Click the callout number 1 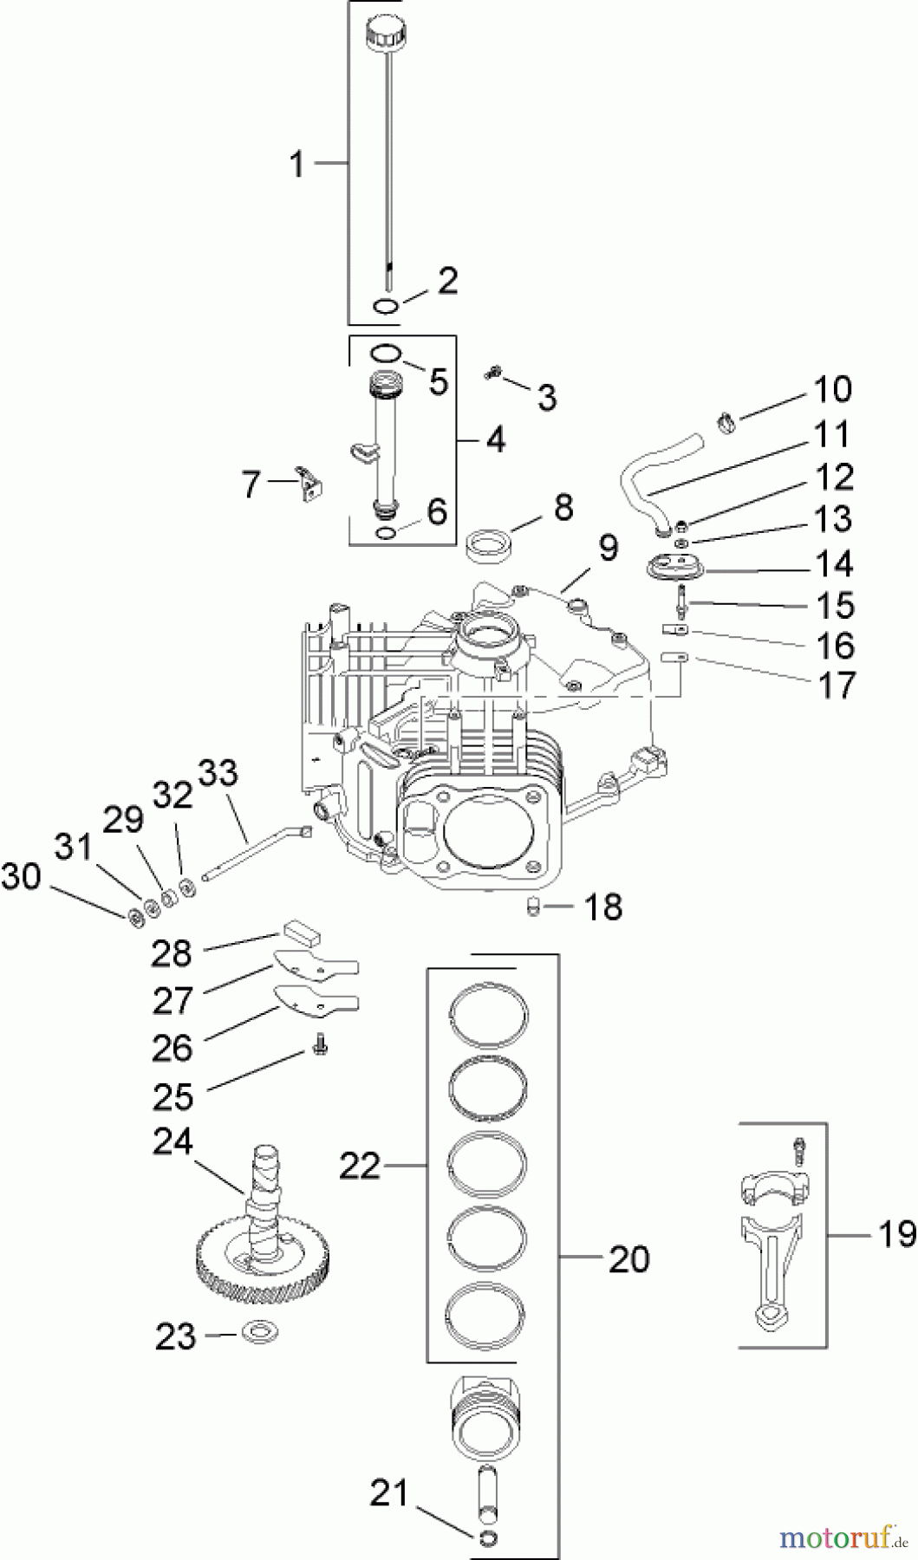tap(297, 163)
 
